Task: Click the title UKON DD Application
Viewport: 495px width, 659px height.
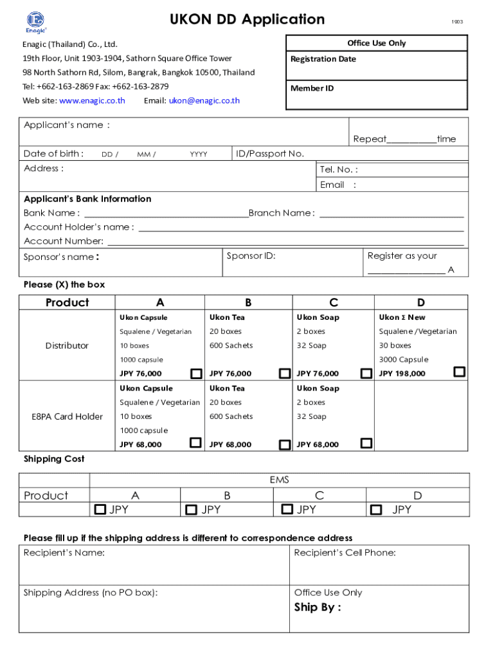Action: pyautogui.click(x=247, y=20)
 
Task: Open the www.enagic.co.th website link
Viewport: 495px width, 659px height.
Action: pyautogui.click(x=92, y=101)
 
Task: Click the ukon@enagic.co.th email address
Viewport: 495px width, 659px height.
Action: pyautogui.click(x=204, y=101)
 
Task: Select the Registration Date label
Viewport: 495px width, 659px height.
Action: pyautogui.click(x=323, y=59)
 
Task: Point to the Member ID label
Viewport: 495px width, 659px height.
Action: pyautogui.click(x=312, y=88)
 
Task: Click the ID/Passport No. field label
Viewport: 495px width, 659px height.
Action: pyautogui.click(x=270, y=154)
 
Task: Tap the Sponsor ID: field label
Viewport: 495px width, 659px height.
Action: pyautogui.click(x=251, y=256)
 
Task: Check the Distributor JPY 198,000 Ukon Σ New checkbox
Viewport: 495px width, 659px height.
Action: pyautogui.click(x=459, y=372)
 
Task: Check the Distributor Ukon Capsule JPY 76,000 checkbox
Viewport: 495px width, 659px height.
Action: pyautogui.click(x=196, y=374)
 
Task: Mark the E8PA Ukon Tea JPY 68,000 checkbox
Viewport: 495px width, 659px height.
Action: pyautogui.click(x=284, y=445)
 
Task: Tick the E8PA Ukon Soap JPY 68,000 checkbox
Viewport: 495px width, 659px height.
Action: pyautogui.click(x=366, y=443)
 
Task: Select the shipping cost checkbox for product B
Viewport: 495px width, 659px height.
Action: pyautogui.click(x=191, y=510)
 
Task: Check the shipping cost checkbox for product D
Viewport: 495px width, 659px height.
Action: pyautogui.click(x=376, y=510)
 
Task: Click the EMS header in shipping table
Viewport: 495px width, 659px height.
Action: pyautogui.click(x=280, y=480)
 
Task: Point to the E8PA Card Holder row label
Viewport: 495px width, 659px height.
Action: pyautogui.click(x=67, y=417)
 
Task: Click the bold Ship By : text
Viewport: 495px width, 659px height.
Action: pyautogui.click(x=318, y=608)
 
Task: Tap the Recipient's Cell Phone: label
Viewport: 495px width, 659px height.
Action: pyautogui.click(x=345, y=553)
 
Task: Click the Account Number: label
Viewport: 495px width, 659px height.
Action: pyautogui.click(x=64, y=241)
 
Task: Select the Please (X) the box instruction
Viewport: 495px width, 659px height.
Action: pyautogui.click(x=64, y=285)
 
